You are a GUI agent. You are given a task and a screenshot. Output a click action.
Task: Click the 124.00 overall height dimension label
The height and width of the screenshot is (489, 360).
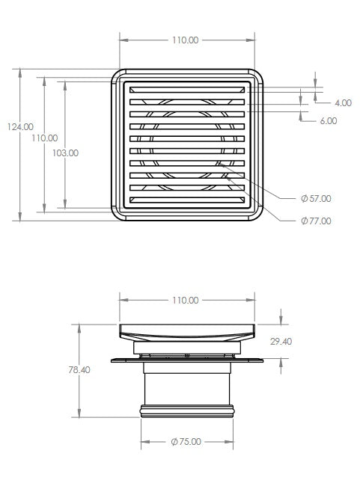coord(19,127)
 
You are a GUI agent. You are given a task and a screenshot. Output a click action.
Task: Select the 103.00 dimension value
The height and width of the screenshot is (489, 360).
coord(66,153)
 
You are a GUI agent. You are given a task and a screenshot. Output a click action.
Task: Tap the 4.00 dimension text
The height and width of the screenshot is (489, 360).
coord(343,102)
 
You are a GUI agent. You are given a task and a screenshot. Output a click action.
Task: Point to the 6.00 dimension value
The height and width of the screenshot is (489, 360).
coord(328,120)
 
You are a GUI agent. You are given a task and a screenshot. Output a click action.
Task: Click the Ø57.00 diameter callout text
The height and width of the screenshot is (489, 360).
coord(315,199)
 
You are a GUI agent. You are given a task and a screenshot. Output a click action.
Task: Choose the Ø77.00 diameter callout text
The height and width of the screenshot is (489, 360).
coord(315,221)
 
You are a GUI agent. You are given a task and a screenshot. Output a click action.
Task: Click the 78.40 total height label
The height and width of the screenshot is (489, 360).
coord(79,369)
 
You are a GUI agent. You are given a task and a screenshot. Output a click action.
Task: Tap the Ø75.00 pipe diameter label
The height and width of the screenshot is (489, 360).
coord(186,442)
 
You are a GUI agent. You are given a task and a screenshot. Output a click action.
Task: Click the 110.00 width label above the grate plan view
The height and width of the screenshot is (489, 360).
coord(185,40)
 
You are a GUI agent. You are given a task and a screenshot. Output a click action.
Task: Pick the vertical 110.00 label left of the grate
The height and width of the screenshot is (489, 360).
coord(44,138)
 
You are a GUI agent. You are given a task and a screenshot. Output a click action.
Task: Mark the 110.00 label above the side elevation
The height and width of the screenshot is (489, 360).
coord(185,300)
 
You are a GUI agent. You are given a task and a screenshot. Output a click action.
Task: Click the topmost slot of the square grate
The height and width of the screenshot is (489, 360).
coord(187,90)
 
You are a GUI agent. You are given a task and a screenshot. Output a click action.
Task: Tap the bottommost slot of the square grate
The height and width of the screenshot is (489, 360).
coord(187,200)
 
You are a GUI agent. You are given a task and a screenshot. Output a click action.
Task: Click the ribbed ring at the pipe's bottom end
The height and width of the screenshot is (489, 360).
coord(187,410)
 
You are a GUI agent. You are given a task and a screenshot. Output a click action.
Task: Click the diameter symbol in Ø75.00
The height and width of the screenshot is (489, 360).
coord(173,442)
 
